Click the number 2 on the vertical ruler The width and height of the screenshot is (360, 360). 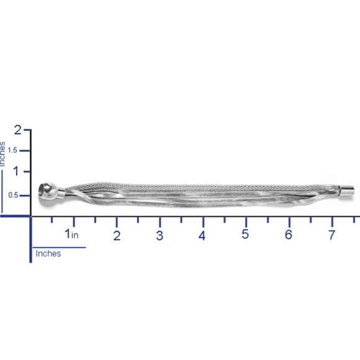(x=17, y=130)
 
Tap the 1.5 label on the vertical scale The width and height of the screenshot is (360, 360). (x=12, y=150)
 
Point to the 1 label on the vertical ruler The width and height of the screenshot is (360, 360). (x=16, y=171)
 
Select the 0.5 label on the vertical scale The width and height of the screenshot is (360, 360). (x=13, y=195)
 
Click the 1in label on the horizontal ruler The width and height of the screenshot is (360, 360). (x=71, y=234)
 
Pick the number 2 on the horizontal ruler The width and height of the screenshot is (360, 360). (x=117, y=236)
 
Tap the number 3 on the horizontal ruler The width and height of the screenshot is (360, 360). (x=160, y=236)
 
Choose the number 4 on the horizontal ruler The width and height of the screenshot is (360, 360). (x=202, y=236)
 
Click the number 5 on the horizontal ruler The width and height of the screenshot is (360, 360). (x=245, y=234)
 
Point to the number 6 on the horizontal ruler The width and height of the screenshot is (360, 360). (x=289, y=235)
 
